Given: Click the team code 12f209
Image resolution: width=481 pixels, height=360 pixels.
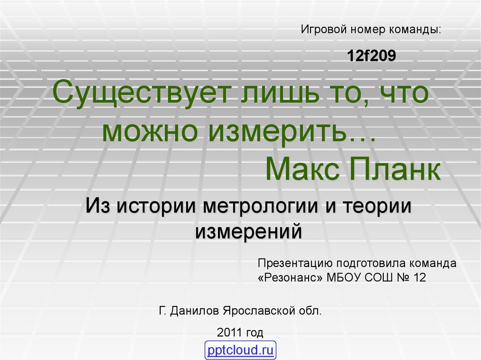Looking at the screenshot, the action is pos(371,55).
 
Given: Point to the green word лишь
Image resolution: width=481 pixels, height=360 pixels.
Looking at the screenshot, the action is pos(279,92).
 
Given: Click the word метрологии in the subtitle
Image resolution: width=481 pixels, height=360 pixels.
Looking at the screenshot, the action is pos(260,206).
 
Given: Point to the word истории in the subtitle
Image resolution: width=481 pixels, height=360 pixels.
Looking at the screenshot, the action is pos(156,206).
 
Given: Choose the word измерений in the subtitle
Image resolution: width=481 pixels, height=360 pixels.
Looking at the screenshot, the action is pos(248,231).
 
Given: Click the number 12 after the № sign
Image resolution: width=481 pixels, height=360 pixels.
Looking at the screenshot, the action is pos(419,277).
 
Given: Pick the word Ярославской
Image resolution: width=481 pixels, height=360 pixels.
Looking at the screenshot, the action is pos(259,311).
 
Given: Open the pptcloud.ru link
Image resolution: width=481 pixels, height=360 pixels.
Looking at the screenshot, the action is pos(240,350).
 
